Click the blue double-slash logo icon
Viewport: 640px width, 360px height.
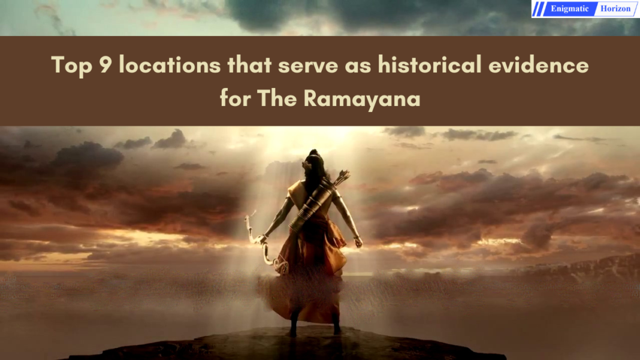539,9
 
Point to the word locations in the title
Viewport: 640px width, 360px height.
170,65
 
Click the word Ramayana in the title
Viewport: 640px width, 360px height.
362,98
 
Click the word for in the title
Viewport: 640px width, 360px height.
235,98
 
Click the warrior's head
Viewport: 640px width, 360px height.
316,161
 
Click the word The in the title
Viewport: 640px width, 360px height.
278,98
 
